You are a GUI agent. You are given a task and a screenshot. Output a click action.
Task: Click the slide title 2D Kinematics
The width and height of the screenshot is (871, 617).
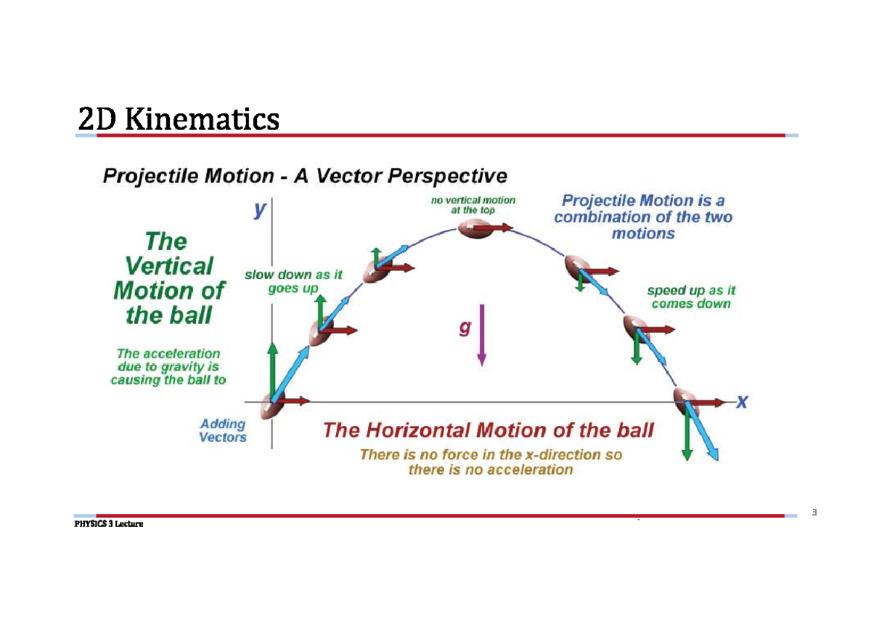[179, 119]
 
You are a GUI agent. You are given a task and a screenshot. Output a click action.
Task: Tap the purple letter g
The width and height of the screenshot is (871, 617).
[465, 328]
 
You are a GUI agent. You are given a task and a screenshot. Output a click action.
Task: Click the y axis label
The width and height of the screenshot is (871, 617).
[260, 210]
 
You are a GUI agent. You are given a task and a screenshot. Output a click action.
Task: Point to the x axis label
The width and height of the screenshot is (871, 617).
[742, 401]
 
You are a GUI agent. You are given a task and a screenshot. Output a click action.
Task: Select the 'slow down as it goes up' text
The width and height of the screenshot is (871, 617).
[293, 281]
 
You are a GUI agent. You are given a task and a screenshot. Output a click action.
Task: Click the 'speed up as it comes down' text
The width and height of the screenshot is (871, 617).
[691, 297]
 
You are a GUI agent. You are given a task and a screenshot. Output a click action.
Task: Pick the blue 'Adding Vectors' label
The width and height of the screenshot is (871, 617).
[223, 430]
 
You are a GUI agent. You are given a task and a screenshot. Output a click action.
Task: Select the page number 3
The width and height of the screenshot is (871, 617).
[814, 514]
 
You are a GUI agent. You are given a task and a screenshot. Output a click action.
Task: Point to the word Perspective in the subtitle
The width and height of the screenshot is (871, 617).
[446, 176]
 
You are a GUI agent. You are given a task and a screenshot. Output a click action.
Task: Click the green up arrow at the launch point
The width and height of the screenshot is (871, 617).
[273, 370]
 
